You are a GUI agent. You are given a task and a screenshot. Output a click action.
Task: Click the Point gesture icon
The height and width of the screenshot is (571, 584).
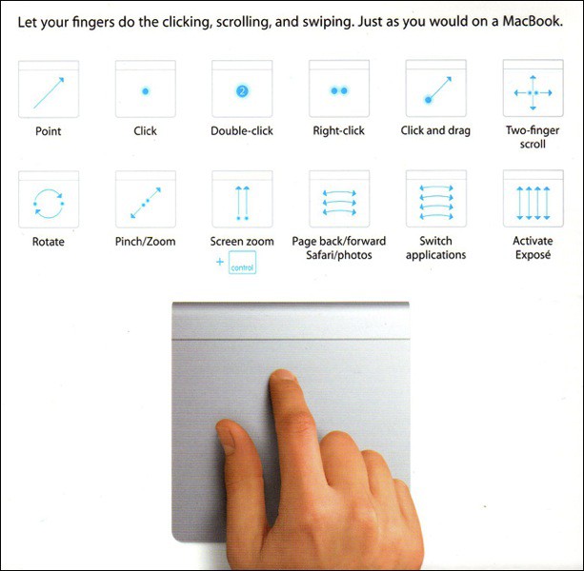click(48, 90)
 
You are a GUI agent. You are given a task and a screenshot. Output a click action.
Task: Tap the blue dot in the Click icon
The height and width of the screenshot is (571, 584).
click(145, 91)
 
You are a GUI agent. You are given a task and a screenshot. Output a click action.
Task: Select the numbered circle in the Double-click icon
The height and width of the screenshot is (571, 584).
click(242, 91)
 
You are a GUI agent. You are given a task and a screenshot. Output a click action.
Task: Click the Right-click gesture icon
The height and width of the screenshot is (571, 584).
click(339, 90)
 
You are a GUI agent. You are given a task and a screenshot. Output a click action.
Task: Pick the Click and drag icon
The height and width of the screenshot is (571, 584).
click(435, 90)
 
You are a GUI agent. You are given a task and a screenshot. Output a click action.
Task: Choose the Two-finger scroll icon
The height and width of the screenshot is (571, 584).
click(533, 91)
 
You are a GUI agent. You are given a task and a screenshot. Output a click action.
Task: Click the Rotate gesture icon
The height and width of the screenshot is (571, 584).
click(48, 201)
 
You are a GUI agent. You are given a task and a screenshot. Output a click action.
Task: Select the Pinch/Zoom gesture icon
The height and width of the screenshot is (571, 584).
click(145, 201)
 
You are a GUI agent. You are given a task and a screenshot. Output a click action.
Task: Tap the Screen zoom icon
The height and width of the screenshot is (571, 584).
click(242, 201)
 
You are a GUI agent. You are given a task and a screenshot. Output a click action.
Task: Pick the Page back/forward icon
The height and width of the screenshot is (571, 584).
click(339, 201)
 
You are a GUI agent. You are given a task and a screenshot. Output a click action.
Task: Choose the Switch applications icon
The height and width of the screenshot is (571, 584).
click(435, 201)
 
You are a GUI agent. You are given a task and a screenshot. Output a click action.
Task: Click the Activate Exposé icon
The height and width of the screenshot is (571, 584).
click(533, 201)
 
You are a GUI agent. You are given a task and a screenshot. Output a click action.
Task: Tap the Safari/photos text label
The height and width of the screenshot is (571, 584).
click(339, 255)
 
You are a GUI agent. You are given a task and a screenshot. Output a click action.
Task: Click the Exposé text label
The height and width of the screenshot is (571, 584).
click(533, 255)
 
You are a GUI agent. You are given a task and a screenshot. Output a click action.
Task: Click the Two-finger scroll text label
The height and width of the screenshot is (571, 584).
click(533, 137)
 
